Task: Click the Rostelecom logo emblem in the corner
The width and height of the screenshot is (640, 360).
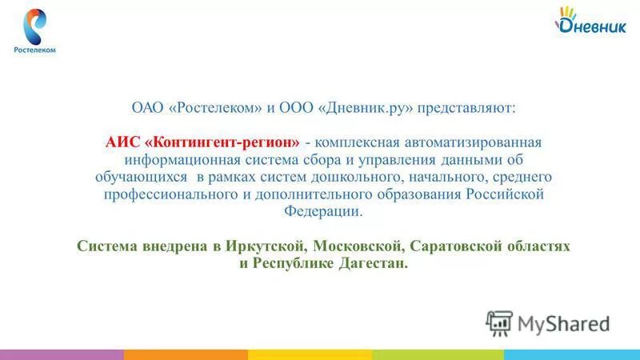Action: point(34,26)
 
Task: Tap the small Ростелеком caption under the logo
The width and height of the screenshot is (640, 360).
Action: point(34,50)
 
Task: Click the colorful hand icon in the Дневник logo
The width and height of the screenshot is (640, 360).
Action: point(567,14)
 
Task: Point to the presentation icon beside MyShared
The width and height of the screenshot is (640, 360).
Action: point(499,322)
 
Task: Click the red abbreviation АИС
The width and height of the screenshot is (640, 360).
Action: point(122,141)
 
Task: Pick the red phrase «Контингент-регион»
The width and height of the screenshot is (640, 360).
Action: point(224,141)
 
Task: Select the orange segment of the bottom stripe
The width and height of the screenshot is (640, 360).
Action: point(186,354)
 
